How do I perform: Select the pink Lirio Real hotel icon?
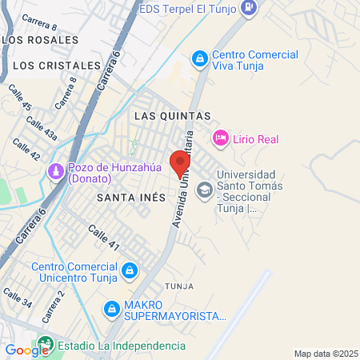(x=220, y=138)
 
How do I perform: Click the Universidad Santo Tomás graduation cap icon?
(x=205, y=190)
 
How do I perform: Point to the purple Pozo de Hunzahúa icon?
(x=55, y=172)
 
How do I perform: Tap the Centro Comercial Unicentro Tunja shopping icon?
(x=129, y=272)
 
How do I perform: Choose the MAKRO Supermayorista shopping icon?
(x=112, y=308)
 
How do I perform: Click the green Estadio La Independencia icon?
(x=46, y=346)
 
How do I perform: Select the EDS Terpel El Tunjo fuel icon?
(x=250, y=8)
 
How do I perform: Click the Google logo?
(x=26, y=350)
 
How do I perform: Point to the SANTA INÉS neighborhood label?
(x=130, y=197)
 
